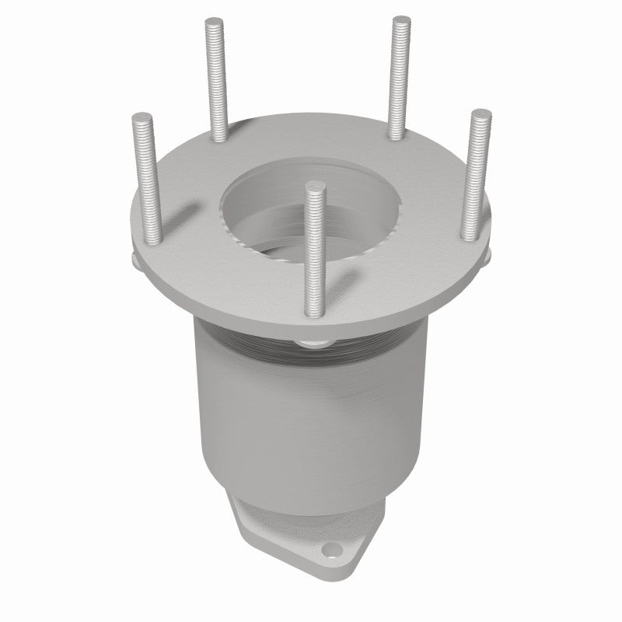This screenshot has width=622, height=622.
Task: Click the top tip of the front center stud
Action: coord(315,187)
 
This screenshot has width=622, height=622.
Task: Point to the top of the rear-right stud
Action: coord(401,20)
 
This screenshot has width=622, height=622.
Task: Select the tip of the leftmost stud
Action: coord(142,117)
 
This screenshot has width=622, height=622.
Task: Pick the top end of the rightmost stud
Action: coord(480,114)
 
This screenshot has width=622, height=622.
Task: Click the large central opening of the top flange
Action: coord(311,206)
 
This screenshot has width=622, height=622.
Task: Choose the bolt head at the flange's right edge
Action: coord(487,257)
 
